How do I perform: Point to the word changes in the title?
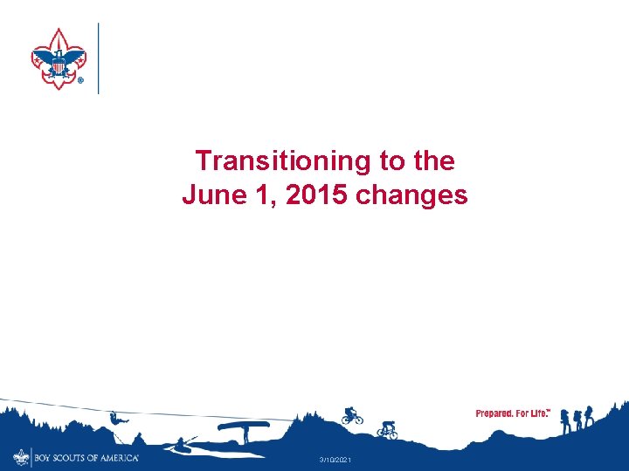(412, 195)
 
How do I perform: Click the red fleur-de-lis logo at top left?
(59, 58)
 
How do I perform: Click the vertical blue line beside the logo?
(98, 58)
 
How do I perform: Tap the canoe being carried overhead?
(244, 427)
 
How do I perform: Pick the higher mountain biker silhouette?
(351, 415)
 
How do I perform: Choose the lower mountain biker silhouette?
(387, 429)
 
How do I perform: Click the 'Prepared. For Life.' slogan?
(513, 413)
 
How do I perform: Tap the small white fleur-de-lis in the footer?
(21, 457)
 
